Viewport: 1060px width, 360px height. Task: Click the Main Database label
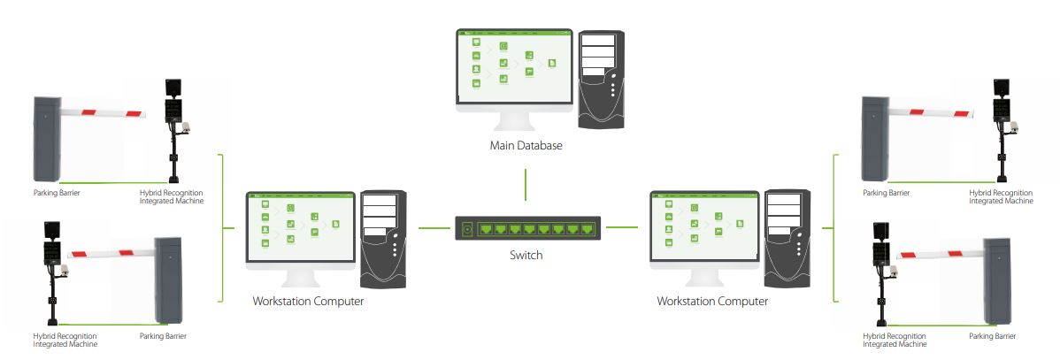click(526, 145)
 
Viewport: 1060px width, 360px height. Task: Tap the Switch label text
click(526, 255)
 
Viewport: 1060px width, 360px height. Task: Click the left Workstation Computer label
click(308, 302)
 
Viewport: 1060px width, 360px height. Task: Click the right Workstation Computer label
click(712, 302)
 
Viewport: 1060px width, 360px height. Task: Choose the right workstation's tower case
click(787, 239)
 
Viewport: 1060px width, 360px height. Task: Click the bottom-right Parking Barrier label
click(992, 336)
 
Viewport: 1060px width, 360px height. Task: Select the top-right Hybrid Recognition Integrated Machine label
click(1001, 196)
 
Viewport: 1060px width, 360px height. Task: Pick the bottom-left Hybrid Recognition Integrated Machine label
click(65, 340)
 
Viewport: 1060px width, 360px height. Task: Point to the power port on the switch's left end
click(467, 229)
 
